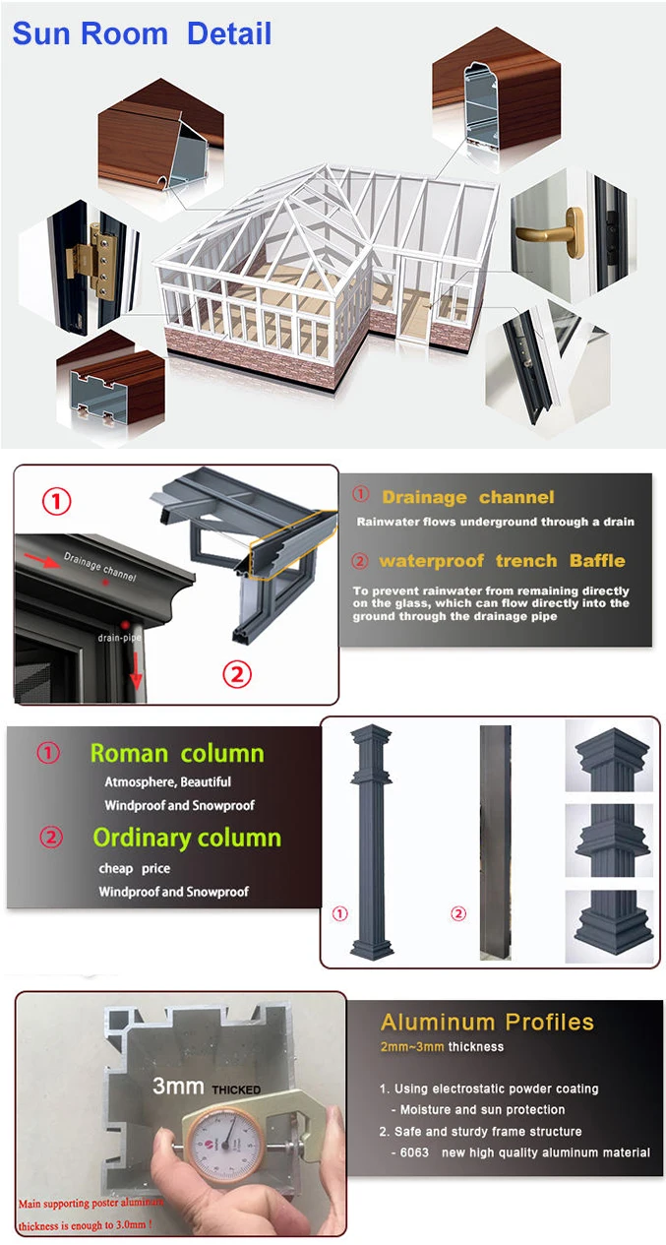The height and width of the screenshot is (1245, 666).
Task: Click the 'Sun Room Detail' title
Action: (142, 33)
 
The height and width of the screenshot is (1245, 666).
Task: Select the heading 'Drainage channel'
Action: (467, 497)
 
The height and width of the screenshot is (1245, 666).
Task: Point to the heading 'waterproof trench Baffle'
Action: (502, 561)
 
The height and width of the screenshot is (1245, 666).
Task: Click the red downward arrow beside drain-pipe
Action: (136, 671)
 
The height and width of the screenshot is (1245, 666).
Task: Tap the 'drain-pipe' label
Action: (119, 638)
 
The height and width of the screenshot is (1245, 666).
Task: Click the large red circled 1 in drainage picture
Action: (57, 501)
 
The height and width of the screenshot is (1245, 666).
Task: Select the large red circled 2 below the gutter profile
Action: (237, 675)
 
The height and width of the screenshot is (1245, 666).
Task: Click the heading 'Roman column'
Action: (177, 754)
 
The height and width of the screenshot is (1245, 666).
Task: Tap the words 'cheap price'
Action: (135, 868)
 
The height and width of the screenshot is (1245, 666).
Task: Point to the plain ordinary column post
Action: (496, 841)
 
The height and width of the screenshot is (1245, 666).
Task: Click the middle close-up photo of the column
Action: (609, 840)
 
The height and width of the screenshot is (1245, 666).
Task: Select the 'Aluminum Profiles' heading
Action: (487, 1023)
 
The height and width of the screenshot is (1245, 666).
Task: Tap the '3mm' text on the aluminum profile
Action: (178, 1087)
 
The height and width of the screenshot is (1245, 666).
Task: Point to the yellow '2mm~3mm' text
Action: (412, 1047)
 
